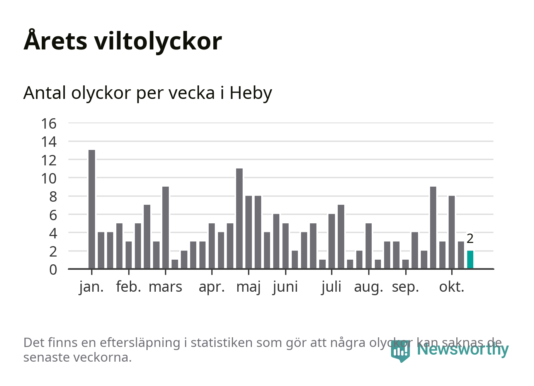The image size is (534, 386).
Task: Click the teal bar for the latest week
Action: [x=470, y=260]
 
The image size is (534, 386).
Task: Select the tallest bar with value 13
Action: [x=92, y=209]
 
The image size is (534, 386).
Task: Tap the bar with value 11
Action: [x=239, y=218]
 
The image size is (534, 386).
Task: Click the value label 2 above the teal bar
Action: [x=470, y=239]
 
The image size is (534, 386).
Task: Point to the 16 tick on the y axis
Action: [x=49, y=124]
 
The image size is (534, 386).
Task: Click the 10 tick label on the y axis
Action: [x=49, y=179]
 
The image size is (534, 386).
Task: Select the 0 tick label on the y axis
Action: [x=53, y=270]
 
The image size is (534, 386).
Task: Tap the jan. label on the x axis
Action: [x=92, y=287]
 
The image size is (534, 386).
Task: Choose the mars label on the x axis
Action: [x=165, y=287]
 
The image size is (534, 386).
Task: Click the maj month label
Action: [x=248, y=287]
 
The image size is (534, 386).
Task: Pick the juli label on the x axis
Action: [x=331, y=287]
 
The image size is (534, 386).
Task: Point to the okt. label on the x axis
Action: [x=451, y=287]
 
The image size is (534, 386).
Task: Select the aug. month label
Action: [x=368, y=287]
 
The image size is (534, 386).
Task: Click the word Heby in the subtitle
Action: [x=251, y=93]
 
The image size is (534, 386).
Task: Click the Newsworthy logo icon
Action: [x=400, y=350]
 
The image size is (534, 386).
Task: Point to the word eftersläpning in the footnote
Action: [x=140, y=343]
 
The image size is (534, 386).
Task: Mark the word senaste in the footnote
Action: [x=46, y=357]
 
